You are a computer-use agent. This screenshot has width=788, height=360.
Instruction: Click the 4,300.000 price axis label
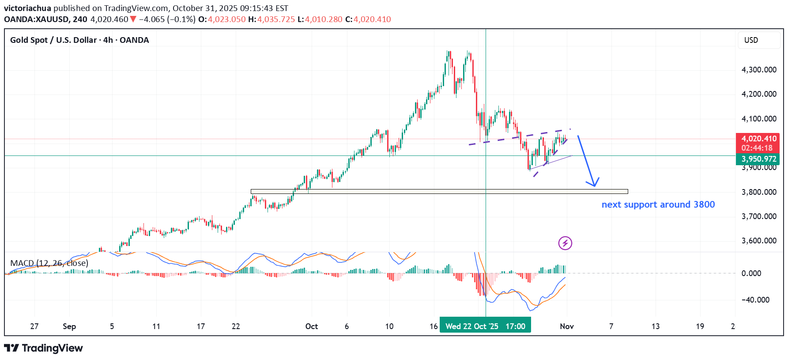tap(758, 70)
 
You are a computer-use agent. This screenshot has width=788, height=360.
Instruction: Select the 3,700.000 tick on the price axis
tap(758, 216)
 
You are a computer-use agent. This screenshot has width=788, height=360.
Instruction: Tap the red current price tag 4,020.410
tap(758, 139)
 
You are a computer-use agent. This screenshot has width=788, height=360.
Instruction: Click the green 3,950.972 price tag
tap(758, 159)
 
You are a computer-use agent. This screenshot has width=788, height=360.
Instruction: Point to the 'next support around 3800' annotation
tap(658, 205)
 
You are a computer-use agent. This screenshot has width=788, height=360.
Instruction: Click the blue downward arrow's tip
tap(594, 186)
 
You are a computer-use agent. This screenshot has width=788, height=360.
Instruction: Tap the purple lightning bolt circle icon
tap(565, 243)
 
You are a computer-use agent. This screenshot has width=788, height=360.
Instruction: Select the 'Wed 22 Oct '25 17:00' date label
tap(485, 326)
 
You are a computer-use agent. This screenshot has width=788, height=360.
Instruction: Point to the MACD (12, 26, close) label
tap(49, 263)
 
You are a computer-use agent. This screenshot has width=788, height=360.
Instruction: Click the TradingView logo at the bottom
tap(43, 348)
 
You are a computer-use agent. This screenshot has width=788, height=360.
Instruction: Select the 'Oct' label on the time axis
tap(311, 326)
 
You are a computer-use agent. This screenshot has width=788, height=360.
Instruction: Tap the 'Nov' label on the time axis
tap(566, 326)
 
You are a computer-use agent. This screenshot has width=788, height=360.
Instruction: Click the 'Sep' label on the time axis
tap(69, 326)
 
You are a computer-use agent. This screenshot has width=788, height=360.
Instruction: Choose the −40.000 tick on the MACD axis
tap(755, 300)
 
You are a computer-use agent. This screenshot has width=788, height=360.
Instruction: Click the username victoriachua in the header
tap(27, 8)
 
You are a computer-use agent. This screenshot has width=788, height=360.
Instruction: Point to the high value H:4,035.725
tap(271, 19)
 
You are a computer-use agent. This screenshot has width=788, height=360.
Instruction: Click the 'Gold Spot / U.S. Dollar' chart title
tap(53, 40)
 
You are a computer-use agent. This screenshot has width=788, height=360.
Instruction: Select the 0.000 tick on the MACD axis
tap(751, 273)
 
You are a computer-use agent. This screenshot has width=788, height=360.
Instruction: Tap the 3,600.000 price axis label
tap(758, 241)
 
